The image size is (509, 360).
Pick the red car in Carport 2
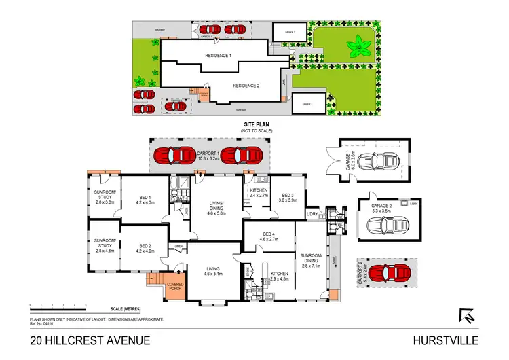point(385,272)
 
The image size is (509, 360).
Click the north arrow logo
point(466,316)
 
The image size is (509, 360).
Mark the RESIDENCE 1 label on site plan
point(219,55)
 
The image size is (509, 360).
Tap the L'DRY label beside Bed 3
point(312,215)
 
